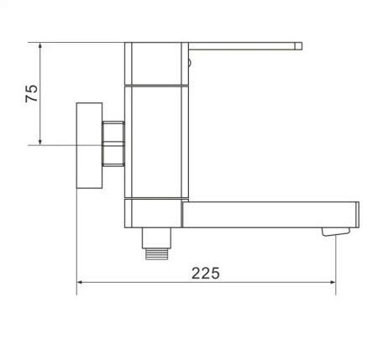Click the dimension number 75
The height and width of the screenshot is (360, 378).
tap(32, 92)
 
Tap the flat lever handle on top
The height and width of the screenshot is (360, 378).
tap(244, 45)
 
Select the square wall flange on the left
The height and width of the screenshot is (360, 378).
tap(89, 145)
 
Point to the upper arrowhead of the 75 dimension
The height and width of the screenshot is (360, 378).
tap(40, 47)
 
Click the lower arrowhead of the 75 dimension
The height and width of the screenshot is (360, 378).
tap(40, 141)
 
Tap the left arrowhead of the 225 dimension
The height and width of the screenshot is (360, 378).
tap(81, 282)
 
